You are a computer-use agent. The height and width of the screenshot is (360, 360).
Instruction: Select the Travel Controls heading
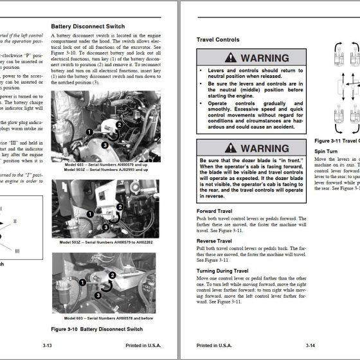click(217, 40)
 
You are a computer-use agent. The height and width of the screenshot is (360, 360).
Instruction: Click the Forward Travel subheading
click(216, 211)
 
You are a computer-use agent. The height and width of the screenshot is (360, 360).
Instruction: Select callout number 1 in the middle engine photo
click(91, 213)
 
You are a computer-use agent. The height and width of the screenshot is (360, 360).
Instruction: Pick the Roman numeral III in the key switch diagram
click(17, 250)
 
